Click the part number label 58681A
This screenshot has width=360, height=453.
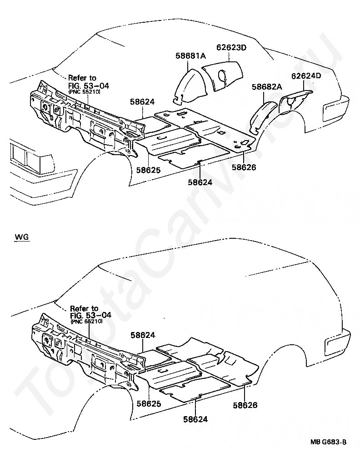(x=191, y=56)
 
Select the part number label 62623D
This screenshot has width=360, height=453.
(x=231, y=47)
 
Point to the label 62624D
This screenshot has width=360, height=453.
(x=306, y=76)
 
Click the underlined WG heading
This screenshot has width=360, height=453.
(x=21, y=237)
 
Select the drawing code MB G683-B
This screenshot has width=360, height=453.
(x=329, y=442)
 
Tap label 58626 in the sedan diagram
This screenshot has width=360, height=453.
(x=244, y=167)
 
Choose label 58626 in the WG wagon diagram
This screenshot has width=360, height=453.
(x=245, y=405)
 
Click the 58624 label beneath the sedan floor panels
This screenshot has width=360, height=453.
(x=200, y=182)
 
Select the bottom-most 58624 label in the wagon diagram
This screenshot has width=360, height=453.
(x=195, y=419)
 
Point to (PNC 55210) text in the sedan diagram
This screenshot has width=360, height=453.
(x=85, y=91)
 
